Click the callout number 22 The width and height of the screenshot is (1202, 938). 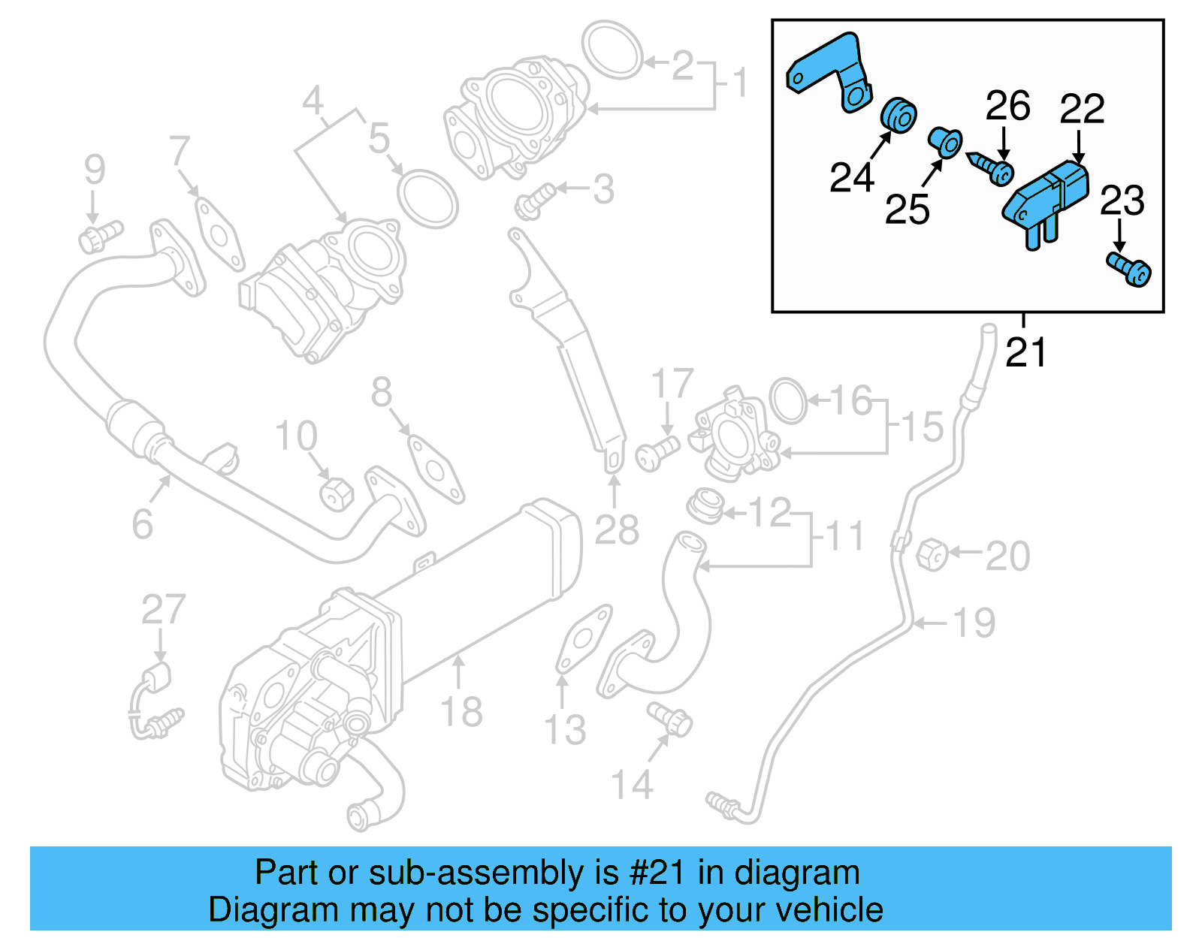coord(1082,110)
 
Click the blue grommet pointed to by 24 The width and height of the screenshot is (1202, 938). coord(898,115)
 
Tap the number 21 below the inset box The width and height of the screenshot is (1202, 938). coord(1026,351)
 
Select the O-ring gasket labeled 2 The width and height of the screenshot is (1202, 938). coord(613,50)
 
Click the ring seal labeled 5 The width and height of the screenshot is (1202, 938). coord(427,198)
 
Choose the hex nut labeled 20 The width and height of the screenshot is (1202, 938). coord(932,554)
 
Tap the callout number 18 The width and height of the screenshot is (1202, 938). coord(461,710)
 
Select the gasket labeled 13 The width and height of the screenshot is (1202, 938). coord(583,638)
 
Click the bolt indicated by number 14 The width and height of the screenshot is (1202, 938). coord(671,719)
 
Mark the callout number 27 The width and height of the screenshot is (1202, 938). coord(163,609)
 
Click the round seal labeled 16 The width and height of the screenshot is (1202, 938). coord(787,400)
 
